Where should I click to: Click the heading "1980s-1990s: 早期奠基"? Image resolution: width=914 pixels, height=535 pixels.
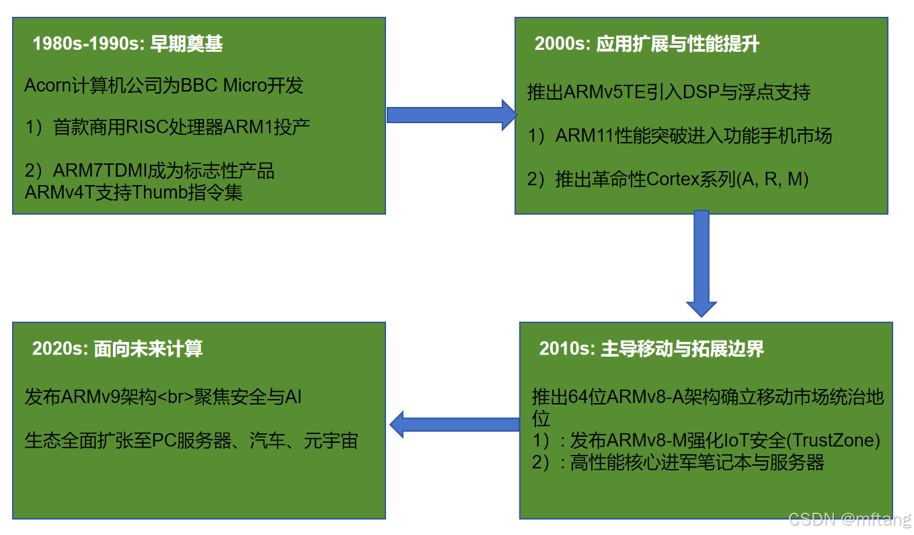(128, 44)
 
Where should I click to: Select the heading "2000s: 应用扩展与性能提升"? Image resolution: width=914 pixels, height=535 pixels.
(646, 44)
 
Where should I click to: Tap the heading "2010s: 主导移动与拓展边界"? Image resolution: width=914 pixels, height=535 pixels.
(651, 349)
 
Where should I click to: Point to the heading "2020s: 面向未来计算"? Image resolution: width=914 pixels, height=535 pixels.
(117, 349)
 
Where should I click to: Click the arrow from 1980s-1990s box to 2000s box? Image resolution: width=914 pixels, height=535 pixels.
(449, 114)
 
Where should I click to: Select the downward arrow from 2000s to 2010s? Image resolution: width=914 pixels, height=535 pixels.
(701, 263)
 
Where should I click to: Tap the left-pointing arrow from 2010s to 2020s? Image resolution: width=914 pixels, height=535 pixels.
(455, 424)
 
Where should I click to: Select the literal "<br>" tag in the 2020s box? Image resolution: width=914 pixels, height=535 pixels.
(177, 397)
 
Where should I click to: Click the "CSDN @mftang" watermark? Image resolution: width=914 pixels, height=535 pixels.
(850, 519)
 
